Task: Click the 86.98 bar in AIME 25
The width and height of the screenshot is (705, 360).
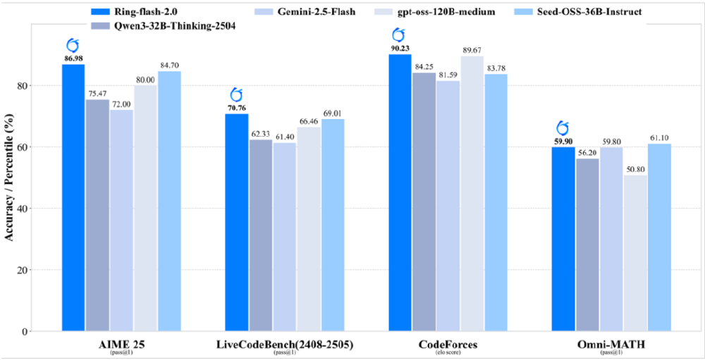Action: pos(73,197)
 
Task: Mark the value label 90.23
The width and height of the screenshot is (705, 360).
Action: pos(400,48)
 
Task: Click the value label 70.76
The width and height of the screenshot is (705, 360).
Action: pos(237,108)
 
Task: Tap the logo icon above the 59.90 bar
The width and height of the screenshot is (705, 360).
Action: pos(563,128)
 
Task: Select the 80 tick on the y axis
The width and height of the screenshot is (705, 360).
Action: pos(43,86)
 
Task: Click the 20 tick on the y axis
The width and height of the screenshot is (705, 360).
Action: pos(43,270)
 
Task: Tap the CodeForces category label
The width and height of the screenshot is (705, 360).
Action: pos(449,345)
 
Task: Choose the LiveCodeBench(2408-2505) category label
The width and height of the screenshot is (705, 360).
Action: pos(285,345)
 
